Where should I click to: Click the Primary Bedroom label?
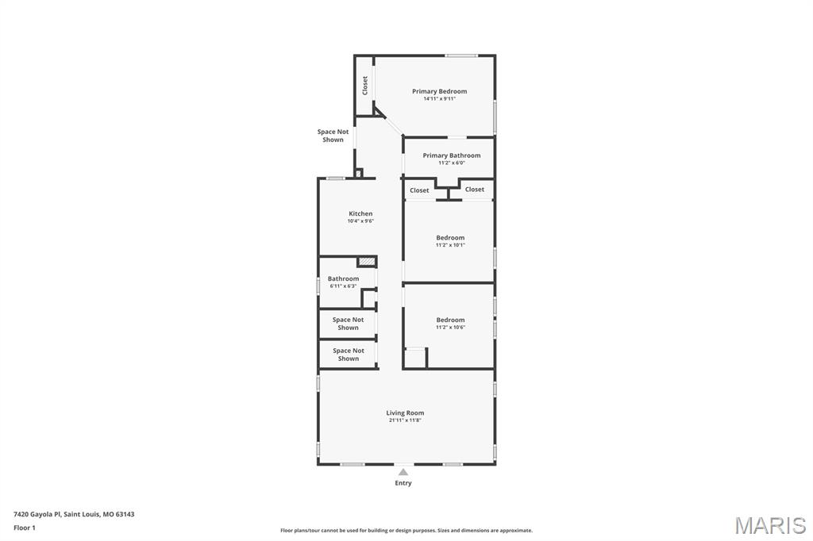439,91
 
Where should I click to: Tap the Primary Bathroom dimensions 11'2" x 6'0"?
452,163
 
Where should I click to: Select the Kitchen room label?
360,213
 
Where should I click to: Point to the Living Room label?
405,413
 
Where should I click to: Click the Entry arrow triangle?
403,471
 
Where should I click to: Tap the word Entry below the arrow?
403,483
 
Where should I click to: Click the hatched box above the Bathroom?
367,262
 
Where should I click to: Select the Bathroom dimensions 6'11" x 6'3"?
343,286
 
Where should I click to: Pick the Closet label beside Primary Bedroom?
364,86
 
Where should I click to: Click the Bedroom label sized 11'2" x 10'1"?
450,238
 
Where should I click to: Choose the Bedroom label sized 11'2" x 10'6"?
450,320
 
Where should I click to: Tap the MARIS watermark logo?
770,525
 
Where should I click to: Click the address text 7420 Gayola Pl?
37,515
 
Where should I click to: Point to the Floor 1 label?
25,528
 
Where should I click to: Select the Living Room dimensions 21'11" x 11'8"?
405,420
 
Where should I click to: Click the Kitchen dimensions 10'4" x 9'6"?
360,221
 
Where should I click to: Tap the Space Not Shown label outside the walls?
333,136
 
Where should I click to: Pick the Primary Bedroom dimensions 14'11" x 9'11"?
439,98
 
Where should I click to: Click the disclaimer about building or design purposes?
406,531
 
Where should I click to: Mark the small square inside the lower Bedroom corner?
414,358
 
